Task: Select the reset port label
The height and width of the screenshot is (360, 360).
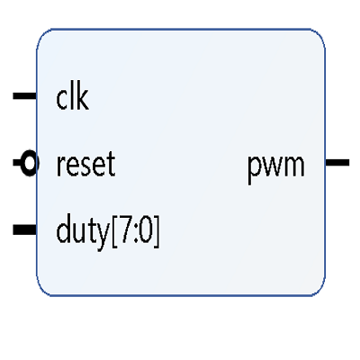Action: (85, 164)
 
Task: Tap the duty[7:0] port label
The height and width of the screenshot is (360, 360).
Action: (108, 230)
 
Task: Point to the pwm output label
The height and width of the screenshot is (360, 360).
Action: (276, 166)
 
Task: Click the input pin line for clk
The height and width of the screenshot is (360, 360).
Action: (24, 96)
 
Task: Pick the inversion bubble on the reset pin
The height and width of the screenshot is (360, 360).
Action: (30, 163)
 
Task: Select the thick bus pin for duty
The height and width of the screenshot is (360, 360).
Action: (24, 229)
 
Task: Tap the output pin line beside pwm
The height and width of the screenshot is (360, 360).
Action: (337, 163)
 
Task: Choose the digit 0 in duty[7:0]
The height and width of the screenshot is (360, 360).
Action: (146, 230)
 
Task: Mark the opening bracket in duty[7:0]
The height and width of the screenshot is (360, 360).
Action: (114, 231)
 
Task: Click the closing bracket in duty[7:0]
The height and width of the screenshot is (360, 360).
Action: (157, 231)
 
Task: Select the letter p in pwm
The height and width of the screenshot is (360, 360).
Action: (254, 169)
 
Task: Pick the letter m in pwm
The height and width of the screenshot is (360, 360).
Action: (294, 165)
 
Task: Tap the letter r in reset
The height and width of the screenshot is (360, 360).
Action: (61, 166)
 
